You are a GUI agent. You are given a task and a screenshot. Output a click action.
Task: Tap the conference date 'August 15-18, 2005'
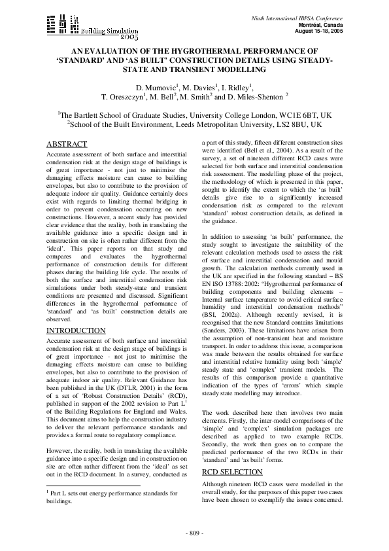click(318, 31)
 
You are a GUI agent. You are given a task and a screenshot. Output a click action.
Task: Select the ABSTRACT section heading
click(67, 144)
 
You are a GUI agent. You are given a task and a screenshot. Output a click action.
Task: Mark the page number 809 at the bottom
click(194, 531)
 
